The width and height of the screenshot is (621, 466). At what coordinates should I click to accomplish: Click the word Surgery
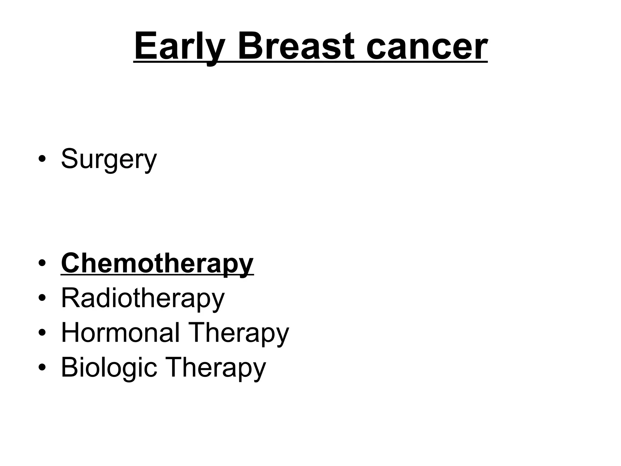tap(109, 159)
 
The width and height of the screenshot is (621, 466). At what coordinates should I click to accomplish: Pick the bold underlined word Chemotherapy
tap(157, 263)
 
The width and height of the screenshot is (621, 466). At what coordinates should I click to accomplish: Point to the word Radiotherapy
tap(143, 298)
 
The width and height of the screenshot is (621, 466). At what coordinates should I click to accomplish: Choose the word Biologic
tap(109, 367)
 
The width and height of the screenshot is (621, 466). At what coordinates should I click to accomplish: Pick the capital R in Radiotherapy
tap(71, 297)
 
